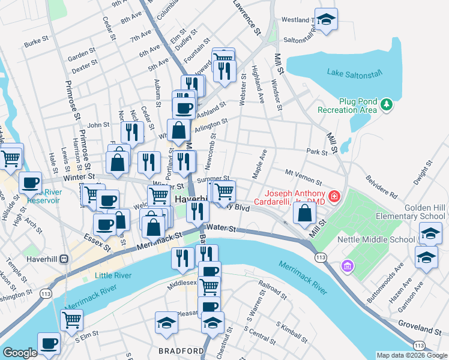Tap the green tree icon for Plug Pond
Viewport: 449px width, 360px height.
tap(388, 105)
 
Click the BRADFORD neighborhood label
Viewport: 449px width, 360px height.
tap(181, 350)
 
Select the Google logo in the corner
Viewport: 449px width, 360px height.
tap(19, 353)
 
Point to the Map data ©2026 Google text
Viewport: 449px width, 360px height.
tap(411, 355)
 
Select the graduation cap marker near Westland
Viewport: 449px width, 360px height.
tap(326, 20)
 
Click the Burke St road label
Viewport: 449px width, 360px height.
tap(36, 44)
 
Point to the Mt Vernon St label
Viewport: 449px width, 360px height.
tap(304, 176)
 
